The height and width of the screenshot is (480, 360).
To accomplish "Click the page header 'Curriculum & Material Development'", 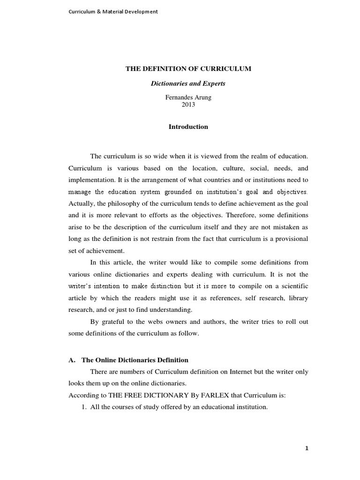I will click(x=113, y=12).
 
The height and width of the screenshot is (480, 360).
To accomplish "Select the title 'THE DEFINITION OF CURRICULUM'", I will click(x=188, y=68).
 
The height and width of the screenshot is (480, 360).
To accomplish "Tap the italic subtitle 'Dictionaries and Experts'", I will click(x=188, y=84).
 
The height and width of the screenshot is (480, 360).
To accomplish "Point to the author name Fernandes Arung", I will click(x=188, y=97).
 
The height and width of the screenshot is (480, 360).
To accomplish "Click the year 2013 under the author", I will click(x=188, y=105).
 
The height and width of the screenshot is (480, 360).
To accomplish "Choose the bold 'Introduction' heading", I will click(x=188, y=127).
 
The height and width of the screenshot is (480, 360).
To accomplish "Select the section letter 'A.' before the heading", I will click(x=72, y=360).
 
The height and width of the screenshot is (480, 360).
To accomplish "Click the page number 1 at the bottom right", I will click(x=307, y=448).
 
